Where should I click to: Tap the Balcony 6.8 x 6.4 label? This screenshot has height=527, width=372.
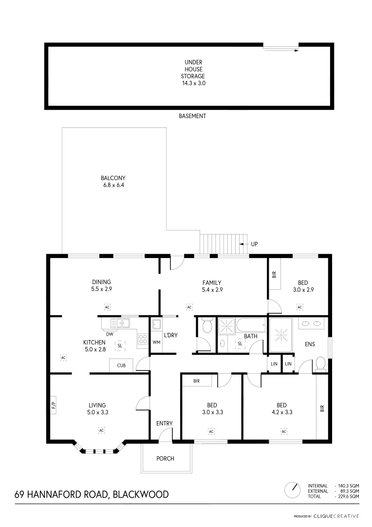pyautogui.click(x=113, y=182)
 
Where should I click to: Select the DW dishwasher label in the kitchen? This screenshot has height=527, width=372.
pyautogui.click(x=110, y=334)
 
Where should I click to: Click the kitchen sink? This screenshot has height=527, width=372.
pyautogui.click(x=119, y=323)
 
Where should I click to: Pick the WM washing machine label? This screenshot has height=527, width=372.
pyautogui.click(x=156, y=342)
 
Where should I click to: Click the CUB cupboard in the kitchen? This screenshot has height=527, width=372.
pyautogui.click(x=121, y=365)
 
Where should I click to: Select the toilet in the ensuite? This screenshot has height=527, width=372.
pyautogui.click(x=320, y=364)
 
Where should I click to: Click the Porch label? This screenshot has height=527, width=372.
pyautogui.click(x=165, y=459)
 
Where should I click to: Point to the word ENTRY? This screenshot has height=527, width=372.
pyautogui.click(x=165, y=423)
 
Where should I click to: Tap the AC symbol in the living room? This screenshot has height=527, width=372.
pyautogui.click(x=102, y=430)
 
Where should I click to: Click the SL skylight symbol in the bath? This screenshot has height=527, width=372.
pyautogui.click(x=240, y=344)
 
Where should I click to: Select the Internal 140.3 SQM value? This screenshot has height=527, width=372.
pyautogui.click(x=347, y=486)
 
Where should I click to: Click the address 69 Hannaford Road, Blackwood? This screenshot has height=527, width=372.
pyautogui.click(x=92, y=494)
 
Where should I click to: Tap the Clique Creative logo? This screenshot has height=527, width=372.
pyautogui.click(x=336, y=516)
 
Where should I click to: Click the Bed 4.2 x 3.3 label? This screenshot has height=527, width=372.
pyautogui.click(x=281, y=408)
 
